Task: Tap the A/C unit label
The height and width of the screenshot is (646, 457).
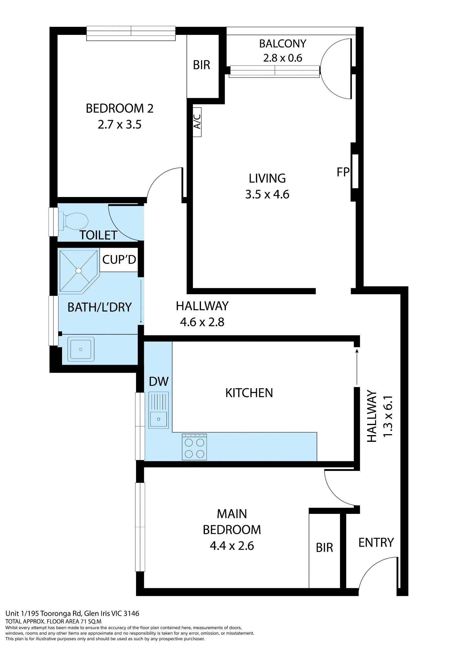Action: [197, 122]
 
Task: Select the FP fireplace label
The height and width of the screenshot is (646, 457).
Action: [343, 172]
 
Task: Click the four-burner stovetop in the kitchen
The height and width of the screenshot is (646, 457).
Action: [194, 447]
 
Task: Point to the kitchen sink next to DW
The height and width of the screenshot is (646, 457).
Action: [159, 410]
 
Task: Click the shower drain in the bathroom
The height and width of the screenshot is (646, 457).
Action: [79, 271]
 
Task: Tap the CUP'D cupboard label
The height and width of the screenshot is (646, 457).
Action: [119, 259]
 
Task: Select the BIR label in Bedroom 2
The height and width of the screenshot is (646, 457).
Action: [201, 65]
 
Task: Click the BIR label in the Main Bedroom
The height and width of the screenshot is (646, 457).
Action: [324, 548]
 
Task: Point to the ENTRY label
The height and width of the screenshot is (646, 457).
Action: [376, 542]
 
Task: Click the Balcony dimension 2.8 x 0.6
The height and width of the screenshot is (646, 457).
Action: [282, 58]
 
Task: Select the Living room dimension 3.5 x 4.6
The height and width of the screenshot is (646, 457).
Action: [267, 194]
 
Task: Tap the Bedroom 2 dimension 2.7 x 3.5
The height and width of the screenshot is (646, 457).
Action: [120, 125]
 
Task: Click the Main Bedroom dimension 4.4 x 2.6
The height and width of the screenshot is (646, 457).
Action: [232, 546]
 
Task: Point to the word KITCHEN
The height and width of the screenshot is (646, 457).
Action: [249, 393]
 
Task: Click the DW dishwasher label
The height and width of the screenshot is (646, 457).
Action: [159, 381]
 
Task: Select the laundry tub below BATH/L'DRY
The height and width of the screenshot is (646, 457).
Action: [81, 349]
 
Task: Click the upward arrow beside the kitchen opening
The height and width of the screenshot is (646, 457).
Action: [357, 367]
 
